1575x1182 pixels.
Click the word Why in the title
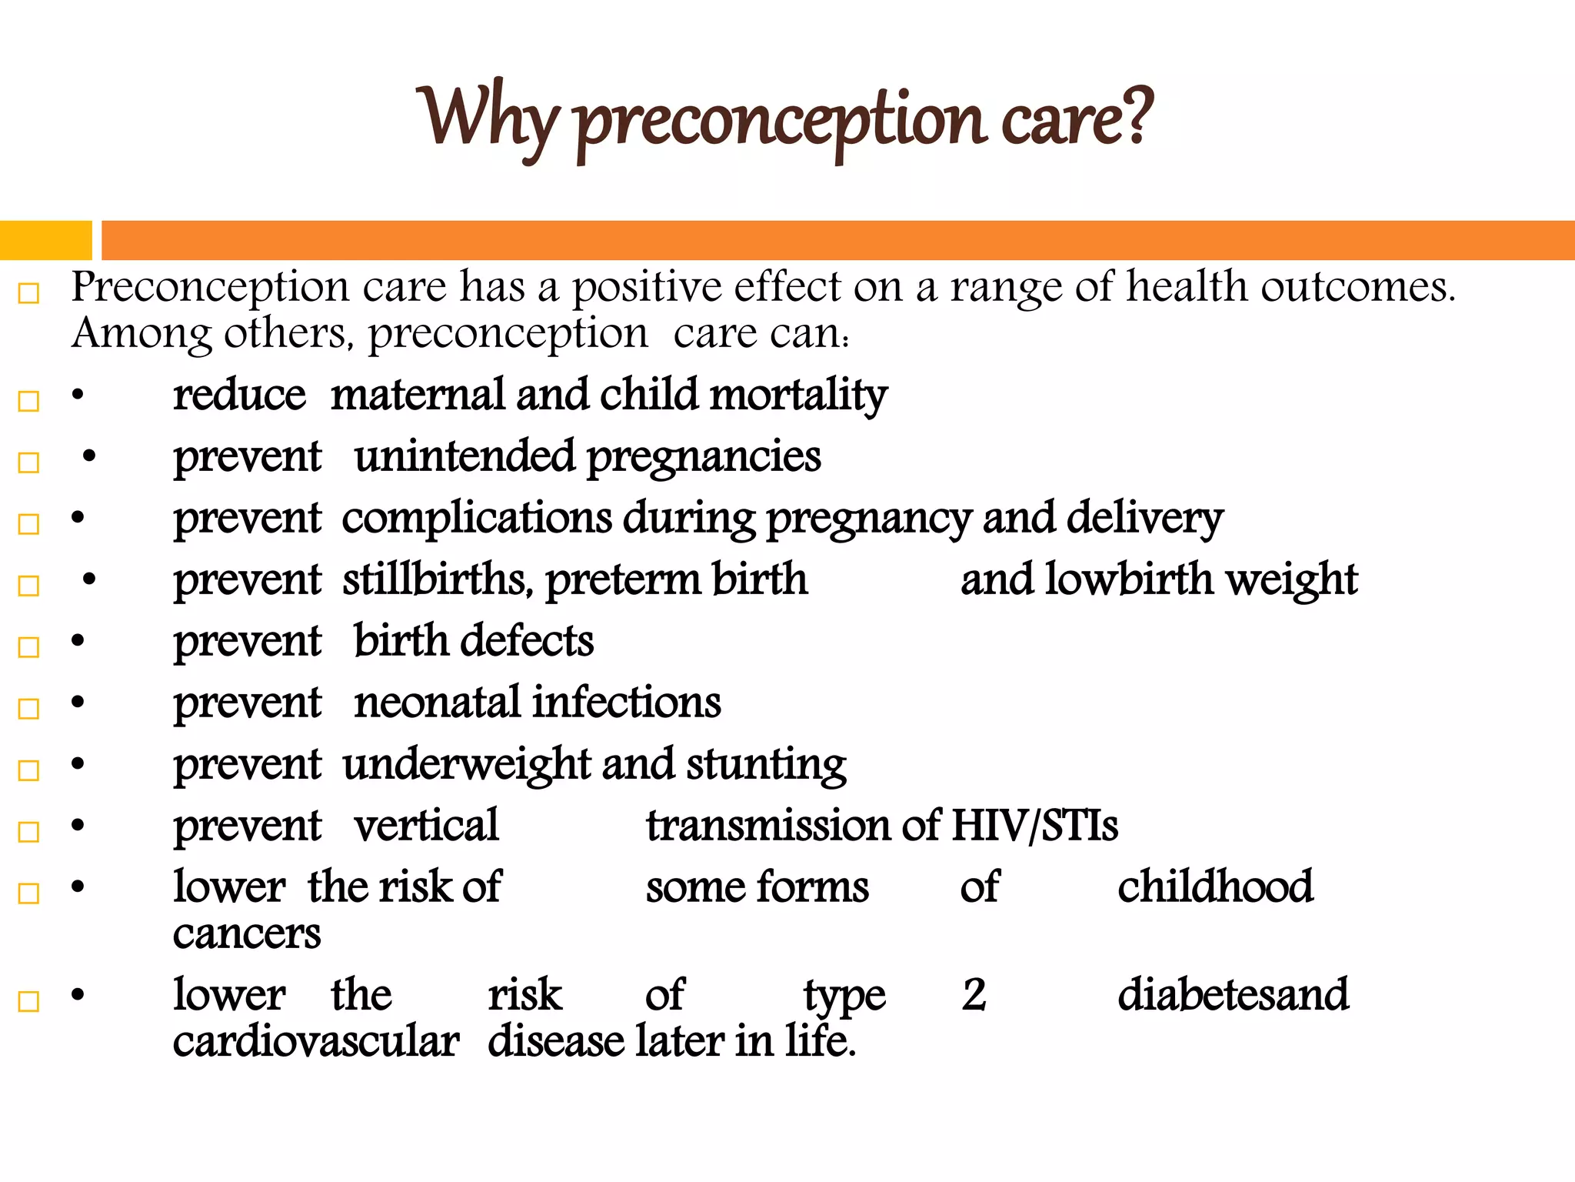point(486,117)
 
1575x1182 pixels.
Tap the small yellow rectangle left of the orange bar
point(45,240)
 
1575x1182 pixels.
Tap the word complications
point(477,518)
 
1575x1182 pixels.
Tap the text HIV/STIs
point(1034,826)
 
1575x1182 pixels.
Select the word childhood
point(1215,886)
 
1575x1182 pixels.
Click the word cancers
point(246,934)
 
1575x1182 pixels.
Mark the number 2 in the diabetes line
point(974,995)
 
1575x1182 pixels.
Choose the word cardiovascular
point(315,1042)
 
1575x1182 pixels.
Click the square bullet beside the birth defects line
point(28,647)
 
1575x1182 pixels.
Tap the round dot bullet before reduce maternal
point(78,396)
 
